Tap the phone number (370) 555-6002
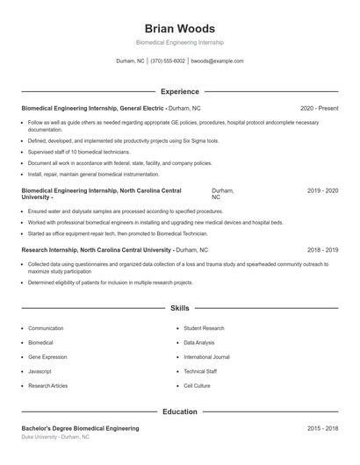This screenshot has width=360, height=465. (x=167, y=61)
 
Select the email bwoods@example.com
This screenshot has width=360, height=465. (x=217, y=61)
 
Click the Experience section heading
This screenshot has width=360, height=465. (x=179, y=91)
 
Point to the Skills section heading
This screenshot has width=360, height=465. (x=179, y=309)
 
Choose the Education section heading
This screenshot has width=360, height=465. (x=179, y=411)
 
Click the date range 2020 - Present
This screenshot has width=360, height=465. (x=319, y=108)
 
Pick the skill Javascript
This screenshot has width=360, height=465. (x=40, y=371)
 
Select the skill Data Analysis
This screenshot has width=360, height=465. (x=198, y=342)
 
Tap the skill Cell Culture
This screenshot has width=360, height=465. (x=197, y=385)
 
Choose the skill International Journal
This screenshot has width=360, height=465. (x=206, y=357)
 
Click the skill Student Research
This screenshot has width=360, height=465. (x=204, y=328)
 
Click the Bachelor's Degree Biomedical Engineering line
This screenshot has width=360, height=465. (x=80, y=428)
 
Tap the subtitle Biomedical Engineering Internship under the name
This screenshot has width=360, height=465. (x=179, y=42)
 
